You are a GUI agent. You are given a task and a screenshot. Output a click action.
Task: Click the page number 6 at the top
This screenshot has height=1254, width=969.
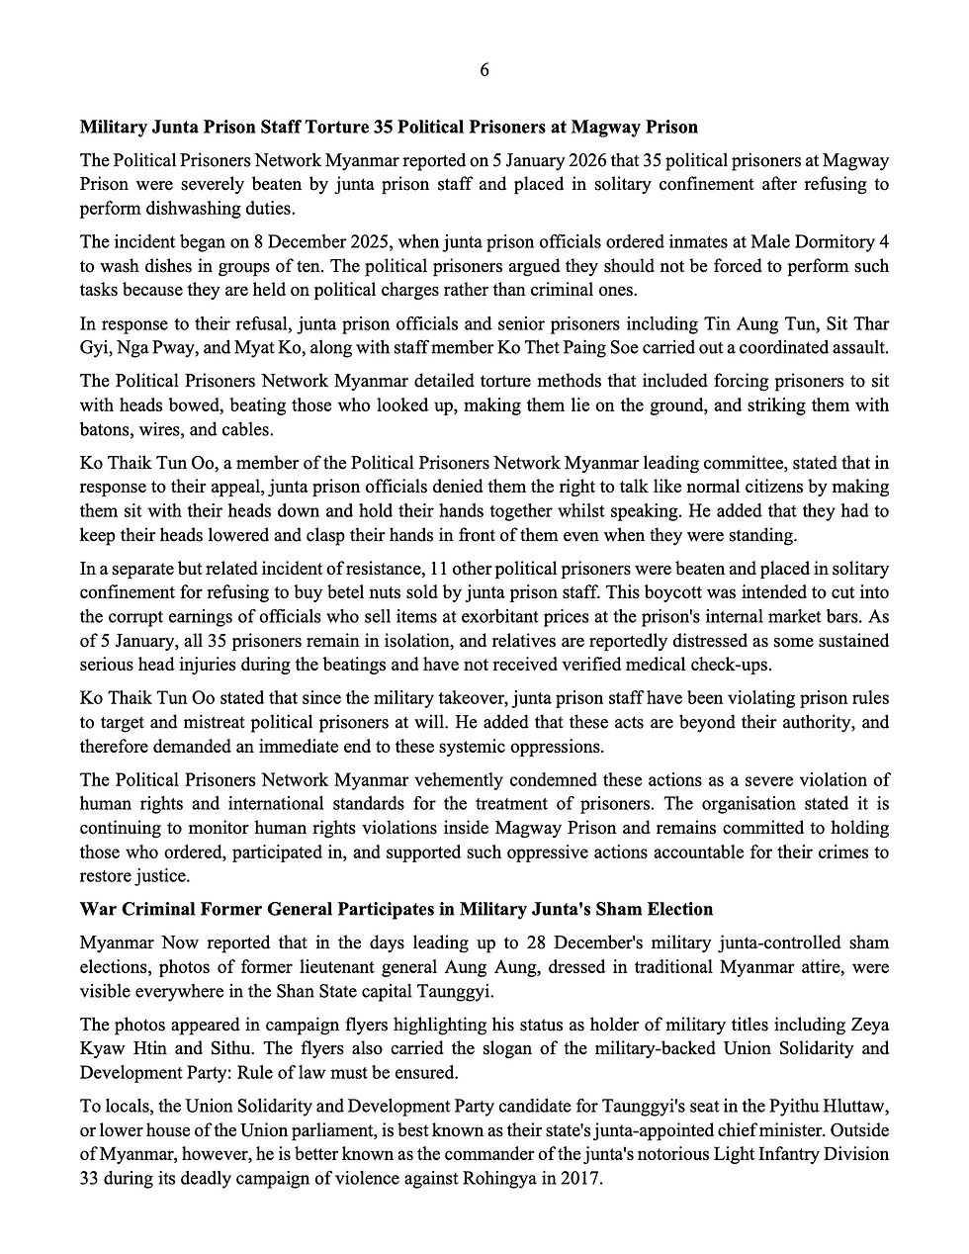point(484,69)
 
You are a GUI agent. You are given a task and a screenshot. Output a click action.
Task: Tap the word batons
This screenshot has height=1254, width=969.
point(105,430)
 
